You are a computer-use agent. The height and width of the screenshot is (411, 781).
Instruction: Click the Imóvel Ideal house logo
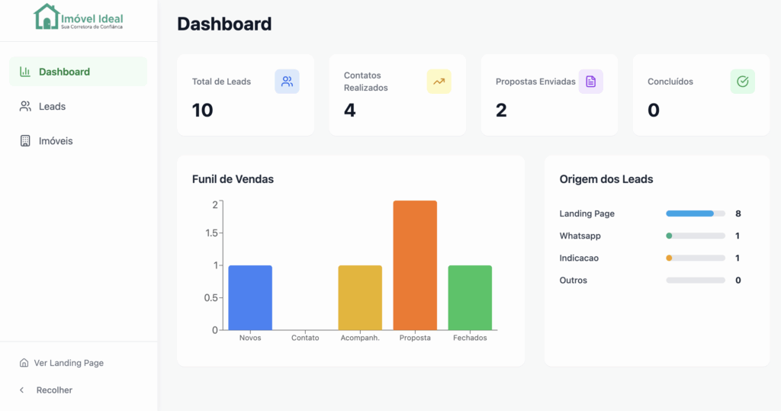click(47, 17)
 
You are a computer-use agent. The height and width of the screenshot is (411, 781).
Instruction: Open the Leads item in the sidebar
click(52, 107)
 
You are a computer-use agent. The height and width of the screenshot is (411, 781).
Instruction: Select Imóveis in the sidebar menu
click(56, 141)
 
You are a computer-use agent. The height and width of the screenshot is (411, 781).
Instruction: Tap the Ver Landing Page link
click(69, 363)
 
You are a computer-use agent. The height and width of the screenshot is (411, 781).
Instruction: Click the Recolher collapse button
click(53, 390)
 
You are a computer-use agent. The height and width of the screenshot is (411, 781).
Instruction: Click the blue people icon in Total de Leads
click(287, 82)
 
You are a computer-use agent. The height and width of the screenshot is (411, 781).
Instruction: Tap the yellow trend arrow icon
click(439, 82)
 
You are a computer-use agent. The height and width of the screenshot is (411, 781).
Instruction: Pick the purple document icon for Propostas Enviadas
click(590, 82)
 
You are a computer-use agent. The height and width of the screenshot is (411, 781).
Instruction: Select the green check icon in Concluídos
click(742, 82)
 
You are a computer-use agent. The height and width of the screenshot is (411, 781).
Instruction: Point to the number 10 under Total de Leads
click(203, 111)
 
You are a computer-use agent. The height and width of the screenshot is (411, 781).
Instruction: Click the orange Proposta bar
click(415, 265)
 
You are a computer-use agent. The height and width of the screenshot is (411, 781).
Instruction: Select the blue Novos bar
click(250, 297)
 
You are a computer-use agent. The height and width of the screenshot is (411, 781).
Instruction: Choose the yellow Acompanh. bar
click(360, 297)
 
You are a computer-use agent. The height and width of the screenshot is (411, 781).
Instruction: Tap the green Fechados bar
click(470, 297)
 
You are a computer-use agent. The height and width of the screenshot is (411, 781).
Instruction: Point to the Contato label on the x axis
click(305, 338)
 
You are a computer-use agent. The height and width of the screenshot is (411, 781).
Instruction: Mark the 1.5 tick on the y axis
click(211, 233)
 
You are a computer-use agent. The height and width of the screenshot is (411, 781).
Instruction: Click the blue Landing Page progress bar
click(689, 214)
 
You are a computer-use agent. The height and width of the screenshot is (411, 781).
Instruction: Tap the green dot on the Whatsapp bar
click(669, 236)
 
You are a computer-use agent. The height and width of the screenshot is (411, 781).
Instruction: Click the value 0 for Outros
click(738, 281)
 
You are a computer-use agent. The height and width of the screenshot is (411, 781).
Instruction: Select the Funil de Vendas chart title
click(233, 179)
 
